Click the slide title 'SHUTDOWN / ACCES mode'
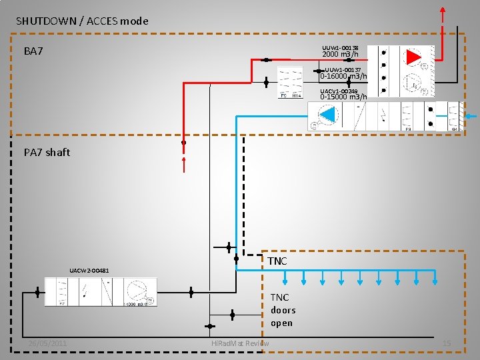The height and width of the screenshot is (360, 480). pyautogui.click(x=82, y=21)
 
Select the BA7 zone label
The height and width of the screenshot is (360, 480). pyautogui.click(x=34, y=51)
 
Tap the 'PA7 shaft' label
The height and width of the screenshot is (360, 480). pyautogui.click(x=47, y=153)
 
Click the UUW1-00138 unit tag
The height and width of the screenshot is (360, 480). pyautogui.click(x=340, y=48)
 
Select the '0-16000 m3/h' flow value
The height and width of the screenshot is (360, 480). pyautogui.click(x=343, y=76)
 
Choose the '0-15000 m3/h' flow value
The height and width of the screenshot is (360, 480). pyautogui.click(x=343, y=97)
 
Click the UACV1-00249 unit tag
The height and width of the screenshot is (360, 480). pyautogui.click(x=339, y=91)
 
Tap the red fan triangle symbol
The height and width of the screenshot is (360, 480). pyautogui.click(x=414, y=57)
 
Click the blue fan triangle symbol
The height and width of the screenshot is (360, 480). pyautogui.click(x=327, y=115)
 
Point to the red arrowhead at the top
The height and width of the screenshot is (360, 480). pyautogui.click(x=443, y=11)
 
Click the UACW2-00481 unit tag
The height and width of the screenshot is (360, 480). pyautogui.click(x=89, y=270)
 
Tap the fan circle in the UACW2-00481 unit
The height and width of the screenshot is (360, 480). pyautogui.click(x=137, y=291)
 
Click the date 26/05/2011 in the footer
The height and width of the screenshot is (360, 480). pyautogui.click(x=47, y=343)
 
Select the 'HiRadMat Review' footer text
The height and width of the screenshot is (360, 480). pyautogui.click(x=239, y=343)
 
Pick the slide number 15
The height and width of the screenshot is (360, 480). pyautogui.click(x=447, y=343)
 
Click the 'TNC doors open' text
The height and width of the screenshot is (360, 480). pyautogui.click(x=282, y=310)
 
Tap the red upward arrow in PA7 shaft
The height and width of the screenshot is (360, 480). pyautogui.click(x=184, y=161)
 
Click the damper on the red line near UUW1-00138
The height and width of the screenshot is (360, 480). pyautogui.click(x=266, y=60)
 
